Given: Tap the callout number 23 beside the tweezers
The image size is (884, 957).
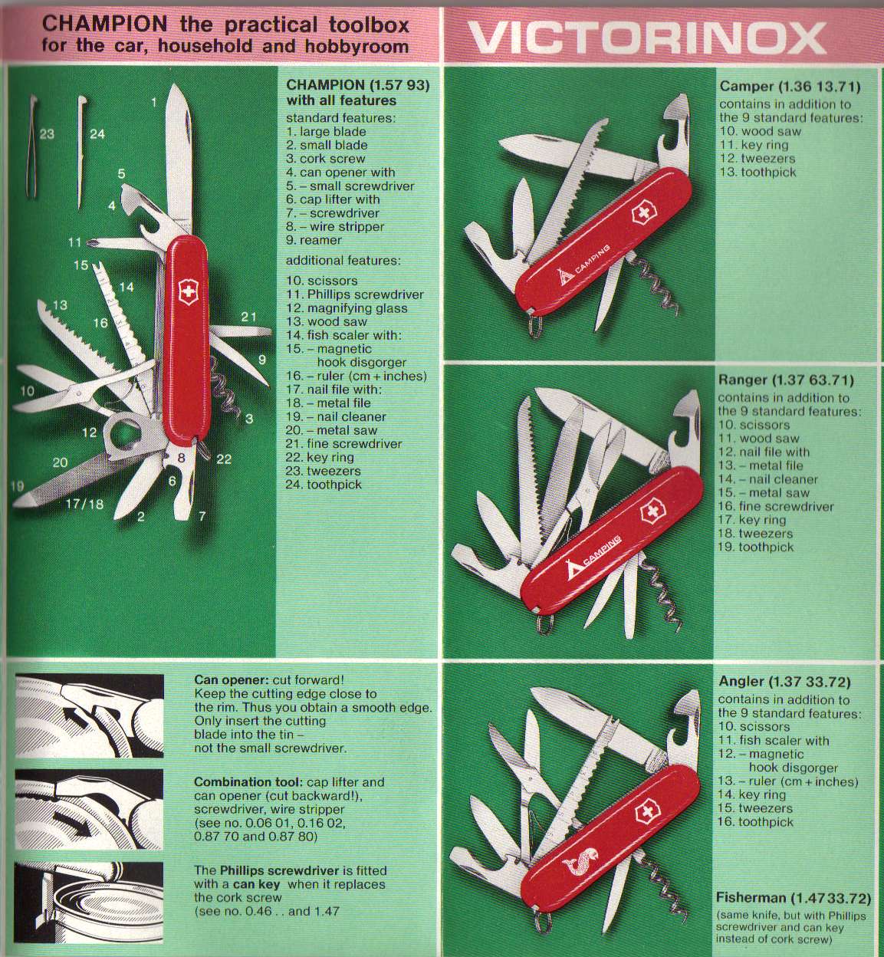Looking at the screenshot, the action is coord(47,133).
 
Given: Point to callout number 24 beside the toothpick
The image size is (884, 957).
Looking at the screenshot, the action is coord(97,133).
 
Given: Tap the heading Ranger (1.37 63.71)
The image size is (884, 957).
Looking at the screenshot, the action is coord(786,380).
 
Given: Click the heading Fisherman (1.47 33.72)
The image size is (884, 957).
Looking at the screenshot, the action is coord(793,898).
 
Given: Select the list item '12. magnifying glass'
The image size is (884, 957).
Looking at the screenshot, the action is coord(347,308).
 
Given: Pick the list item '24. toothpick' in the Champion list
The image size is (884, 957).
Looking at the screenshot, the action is coord(324,485).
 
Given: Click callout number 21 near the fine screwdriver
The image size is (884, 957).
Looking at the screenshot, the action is coord(248,317).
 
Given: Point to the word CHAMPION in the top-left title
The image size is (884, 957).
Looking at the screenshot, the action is coord(105,24).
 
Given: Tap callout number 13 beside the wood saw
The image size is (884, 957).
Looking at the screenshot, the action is coord(61,304).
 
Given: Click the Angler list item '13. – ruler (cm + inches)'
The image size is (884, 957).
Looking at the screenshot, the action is coord(788,781).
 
